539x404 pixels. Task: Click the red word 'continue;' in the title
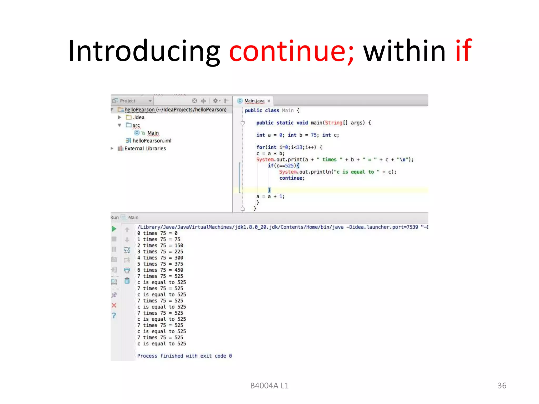(291, 51)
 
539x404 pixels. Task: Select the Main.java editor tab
(254, 101)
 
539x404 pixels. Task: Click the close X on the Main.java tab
(269, 101)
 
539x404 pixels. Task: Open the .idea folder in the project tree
(138, 117)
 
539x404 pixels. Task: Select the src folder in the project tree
(136, 125)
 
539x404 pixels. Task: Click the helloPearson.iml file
(152, 141)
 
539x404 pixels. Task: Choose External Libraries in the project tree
(145, 149)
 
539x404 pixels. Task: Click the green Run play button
(114, 229)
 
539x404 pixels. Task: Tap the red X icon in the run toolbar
(114, 305)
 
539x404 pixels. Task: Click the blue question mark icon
(114, 315)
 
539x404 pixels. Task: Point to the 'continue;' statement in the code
(292, 178)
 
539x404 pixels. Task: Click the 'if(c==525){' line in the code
(283, 166)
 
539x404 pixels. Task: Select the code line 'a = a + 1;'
(270, 196)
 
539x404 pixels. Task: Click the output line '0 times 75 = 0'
(157, 233)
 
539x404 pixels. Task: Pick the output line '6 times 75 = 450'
(160, 270)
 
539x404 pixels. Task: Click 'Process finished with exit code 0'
(184, 356)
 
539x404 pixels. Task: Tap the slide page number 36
(502, 386)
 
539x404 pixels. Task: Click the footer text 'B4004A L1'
(269, 386)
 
